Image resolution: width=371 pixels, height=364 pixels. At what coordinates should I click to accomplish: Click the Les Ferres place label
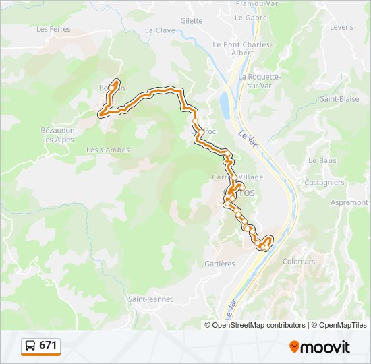pyautogui.click(x=53, y=29)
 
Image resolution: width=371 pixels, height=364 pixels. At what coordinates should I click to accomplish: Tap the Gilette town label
pyautogui.click(x=192, y=21)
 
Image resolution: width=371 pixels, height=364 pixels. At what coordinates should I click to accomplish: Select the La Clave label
pyautogui.click(x=160, y=30)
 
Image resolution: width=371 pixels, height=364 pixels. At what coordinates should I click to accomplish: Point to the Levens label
pyautogui.click(x=341, y=27)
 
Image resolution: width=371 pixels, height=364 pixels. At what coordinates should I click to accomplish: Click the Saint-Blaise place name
pyautogui.click(x=339, y=98)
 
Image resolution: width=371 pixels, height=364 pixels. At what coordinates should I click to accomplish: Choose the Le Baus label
pyautogui.click(x=322, y=161)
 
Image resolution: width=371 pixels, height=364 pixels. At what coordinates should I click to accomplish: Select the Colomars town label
pyautogui.click(x=298, y=261)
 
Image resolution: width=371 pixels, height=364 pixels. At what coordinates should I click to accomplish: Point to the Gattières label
pyautogui.click(x=220, y=264)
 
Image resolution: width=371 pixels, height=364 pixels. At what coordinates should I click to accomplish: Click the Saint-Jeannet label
pyautogui.click(x=150, y=299)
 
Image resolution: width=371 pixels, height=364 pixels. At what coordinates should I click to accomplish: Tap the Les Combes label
pyautogui.click(x=107, y=150)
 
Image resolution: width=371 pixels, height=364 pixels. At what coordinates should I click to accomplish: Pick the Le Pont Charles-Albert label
pyautogui.click(x=241, y=49)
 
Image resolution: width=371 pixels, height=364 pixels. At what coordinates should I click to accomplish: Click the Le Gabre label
pyautogui.click(x=252, y=18)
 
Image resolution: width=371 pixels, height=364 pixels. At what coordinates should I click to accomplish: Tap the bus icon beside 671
pyautogui.click(x=30, y=346)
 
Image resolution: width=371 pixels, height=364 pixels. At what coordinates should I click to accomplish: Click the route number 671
pyautogui.click(x=48, y=346)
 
